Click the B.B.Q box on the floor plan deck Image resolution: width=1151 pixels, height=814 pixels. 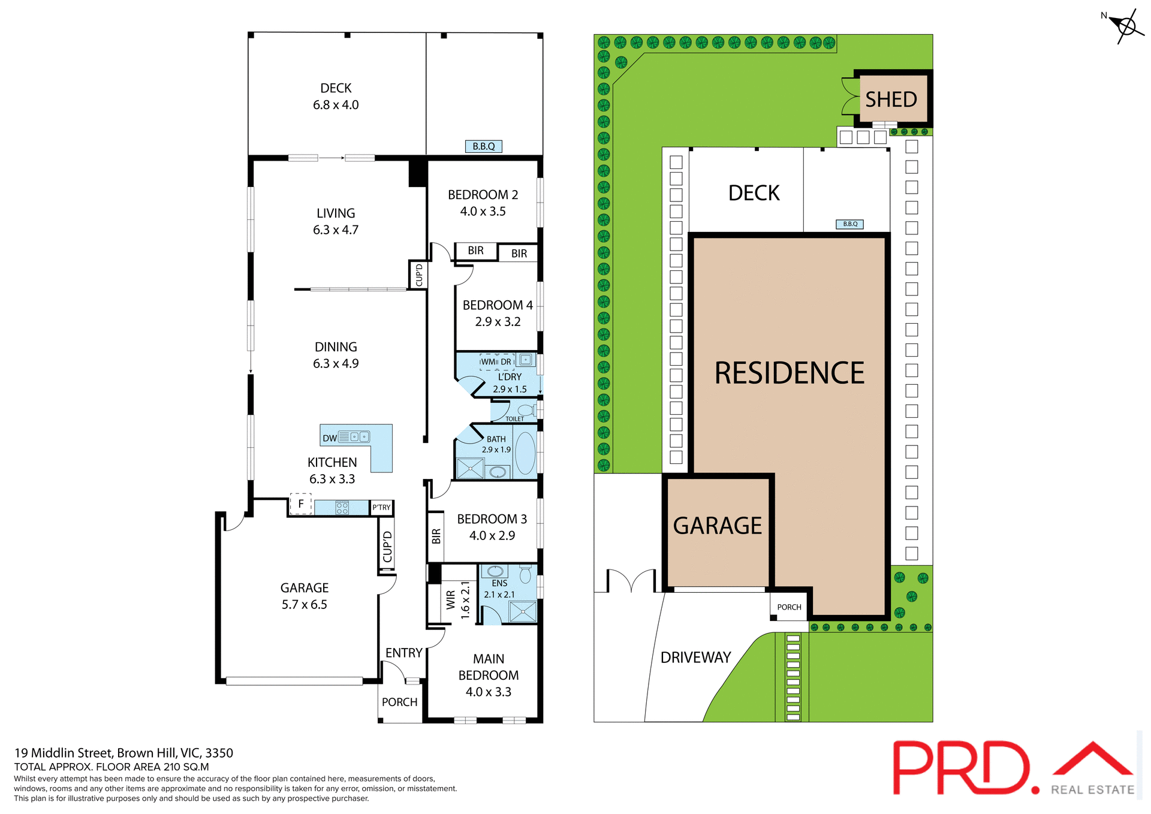pos(483,146)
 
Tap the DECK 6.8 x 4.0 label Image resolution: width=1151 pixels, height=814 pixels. pos(336,97)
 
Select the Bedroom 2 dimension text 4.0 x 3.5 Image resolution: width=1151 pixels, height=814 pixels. pos(483,212)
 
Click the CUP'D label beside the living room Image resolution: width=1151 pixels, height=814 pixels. pos(419,275)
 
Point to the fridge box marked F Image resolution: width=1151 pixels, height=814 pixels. pos(301,504)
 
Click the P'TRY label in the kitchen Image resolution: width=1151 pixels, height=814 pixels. pos(381,508)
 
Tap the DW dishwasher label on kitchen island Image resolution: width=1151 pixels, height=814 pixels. pos(330,438)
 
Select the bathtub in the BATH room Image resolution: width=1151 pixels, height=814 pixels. pos(525,453)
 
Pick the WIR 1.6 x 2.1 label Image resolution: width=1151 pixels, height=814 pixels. pos(457,599)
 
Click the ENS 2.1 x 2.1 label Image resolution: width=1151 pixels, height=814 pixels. pos(499,589)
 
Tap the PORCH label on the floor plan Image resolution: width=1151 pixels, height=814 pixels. pos(399,702)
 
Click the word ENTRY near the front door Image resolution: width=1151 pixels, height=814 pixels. pos(403,653)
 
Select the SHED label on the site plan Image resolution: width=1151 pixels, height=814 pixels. pos(891,100)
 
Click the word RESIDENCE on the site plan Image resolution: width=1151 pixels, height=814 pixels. pos(789,373)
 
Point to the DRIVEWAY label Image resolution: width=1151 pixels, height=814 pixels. pos(695,658)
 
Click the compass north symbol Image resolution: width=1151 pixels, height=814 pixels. pos(1126,26)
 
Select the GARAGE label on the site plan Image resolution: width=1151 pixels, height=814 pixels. pos(717,526)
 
